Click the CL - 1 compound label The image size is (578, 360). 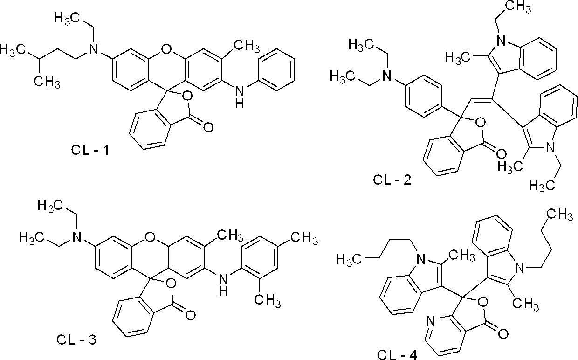pyautogui.click(x=90, y=150)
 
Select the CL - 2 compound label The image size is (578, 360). pyautogui.click(x=392, y=180)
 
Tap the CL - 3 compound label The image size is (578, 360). pyautogui.click(x=76, y=339)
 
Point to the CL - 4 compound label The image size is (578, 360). pyautogui.click(x=397, y=355)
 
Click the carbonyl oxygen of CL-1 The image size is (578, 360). pyautogui.click(x=208, y=127)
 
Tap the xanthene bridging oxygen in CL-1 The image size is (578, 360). pyautogui.click(x=165, y=49)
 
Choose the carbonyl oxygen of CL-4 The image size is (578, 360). pyautogui.click(x=503, y=334)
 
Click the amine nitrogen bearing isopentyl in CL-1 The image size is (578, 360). pyautogui.click(x=93, y=49)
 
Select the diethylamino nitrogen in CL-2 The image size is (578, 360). pyautogui.click(x=386, y=76)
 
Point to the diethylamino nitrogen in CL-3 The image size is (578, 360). pyautogui.click(x=76, y=237)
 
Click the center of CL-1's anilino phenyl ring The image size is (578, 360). pyautogui.click(x=276, y=69)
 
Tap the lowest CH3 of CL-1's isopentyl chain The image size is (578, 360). pyautogui.click(x=47, y=83)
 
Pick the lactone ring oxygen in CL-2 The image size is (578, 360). pyautogui.click(x=480, y=123)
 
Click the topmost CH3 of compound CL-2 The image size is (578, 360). pyautogui.click(x=518, y=7)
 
